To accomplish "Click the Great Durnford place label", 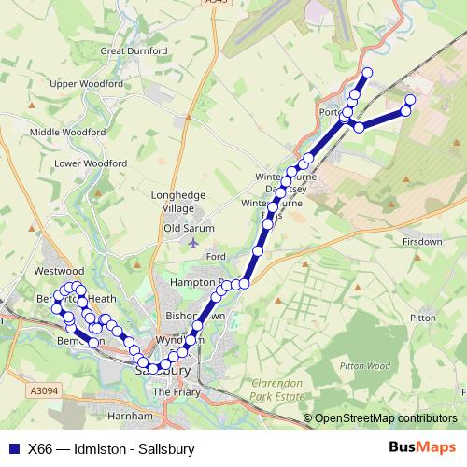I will click(132, 50).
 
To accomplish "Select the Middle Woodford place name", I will click(67, 133).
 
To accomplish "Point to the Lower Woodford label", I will click(91, 163).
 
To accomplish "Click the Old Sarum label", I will click(189, 228).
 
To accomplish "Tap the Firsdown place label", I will click(422, 241).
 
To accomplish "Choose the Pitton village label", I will click(422, 318).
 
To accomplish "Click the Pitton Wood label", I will click(365, 365).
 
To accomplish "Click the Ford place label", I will click(216, 256).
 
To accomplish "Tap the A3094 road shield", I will click(43, 391).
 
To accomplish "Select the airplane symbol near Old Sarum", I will click(193, 243).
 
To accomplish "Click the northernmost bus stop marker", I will click(367, 72).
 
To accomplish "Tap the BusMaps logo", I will click(422, 448).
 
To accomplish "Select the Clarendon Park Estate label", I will click(278, 390).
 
